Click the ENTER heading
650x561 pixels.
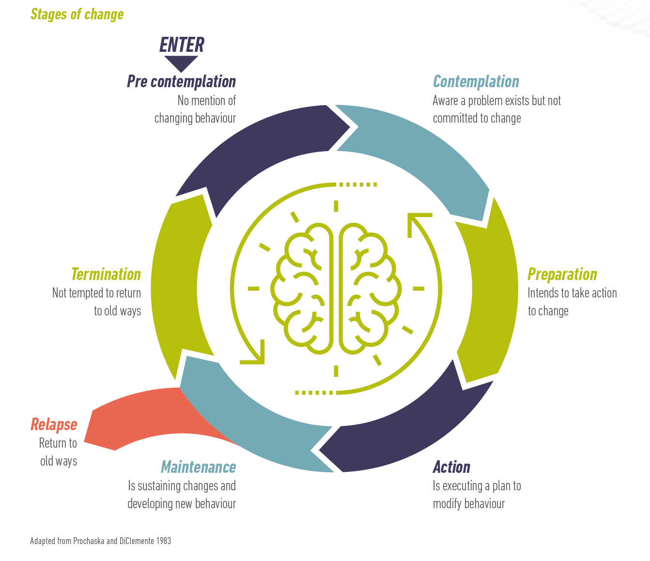(x=182, y=45)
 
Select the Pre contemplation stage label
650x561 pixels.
(x=181, y=81)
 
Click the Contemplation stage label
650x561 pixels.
(x=476, y=81)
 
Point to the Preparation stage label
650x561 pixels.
(x=562, y=274)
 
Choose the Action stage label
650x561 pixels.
(x=451, y=467)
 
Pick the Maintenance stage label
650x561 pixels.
(x=198, y=467)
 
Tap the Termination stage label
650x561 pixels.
(x=106, y=274)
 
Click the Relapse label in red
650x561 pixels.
(x=54, y=424)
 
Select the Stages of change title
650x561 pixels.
(x=77, y=14)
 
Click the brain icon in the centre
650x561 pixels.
(x=336, y=288)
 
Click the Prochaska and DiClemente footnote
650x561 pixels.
(x=100, y=541)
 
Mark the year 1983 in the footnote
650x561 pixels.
(x=164, y=541)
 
